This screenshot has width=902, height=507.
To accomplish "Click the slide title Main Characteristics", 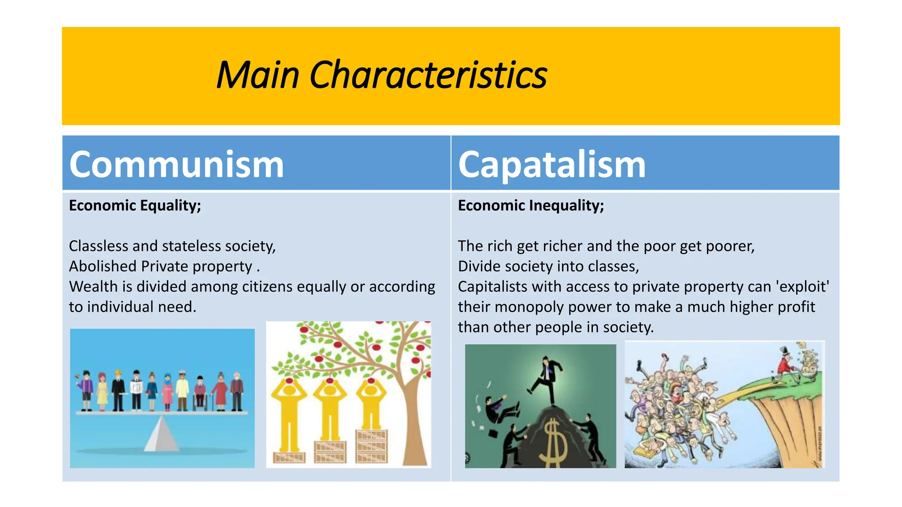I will tap(381, 75).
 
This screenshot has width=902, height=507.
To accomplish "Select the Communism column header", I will tap(176, 164).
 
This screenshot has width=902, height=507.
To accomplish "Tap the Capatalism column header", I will tap(551, 164).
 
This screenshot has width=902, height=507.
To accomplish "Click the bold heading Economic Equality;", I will tap(135, 206).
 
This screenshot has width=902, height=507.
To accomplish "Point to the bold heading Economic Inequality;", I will tap(531, 206).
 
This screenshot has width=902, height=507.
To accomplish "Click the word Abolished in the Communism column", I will tap(103, 266).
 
